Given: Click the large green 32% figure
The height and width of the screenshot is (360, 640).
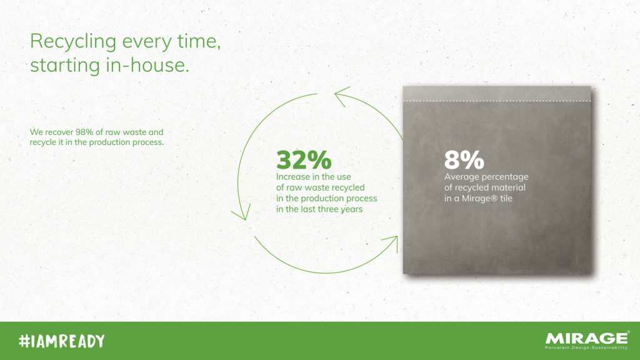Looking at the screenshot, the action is pyautogui.click(x=304, y=160).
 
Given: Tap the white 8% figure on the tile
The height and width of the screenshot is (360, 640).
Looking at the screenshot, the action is pyautogui.click(x=464, y=160).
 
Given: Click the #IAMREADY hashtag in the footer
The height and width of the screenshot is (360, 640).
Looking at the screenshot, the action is pyautogui.click(x=62, y=341).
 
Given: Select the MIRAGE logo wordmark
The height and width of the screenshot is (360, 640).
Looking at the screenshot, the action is pyautogui.click(x=586, y=338).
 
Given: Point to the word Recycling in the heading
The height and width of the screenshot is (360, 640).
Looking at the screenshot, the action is pyautogui.click(x=74, y=42).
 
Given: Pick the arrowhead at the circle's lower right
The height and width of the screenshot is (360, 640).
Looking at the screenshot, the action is pyautogui.click(x=391, y=243).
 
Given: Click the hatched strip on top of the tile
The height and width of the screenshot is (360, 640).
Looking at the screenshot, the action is pyautogui.click(x=497, y=94).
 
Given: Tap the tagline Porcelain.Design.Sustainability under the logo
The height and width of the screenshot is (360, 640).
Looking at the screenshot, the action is pyautogui.click(x=586, y=347).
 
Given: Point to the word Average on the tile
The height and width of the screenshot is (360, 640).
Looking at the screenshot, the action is pyautogui.click(x=460, y=177).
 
